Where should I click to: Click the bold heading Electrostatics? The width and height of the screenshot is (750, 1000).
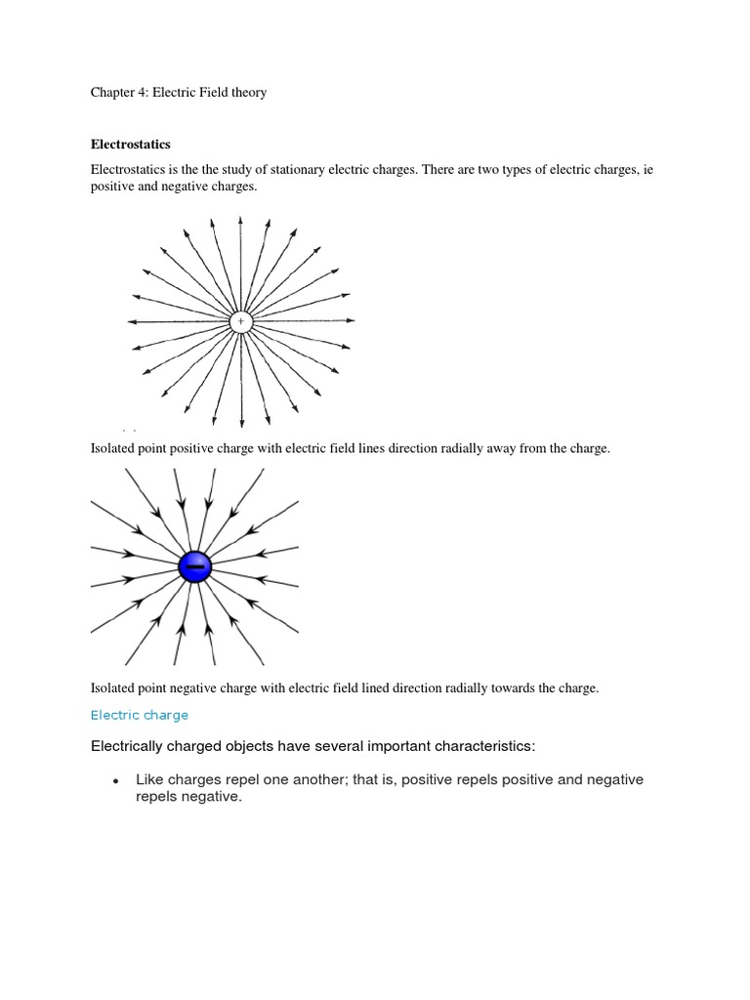[x=130, y=144]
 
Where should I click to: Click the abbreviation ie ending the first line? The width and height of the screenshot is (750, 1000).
[x=646, y=170]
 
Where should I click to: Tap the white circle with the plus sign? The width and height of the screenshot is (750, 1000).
[x=240, y=321]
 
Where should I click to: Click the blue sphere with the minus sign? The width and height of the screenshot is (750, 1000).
[x=194, y=566]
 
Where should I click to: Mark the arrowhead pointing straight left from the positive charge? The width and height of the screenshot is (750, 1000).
[x=131, y=321]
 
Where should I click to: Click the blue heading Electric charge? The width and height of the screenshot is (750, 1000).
[x=140, y=716]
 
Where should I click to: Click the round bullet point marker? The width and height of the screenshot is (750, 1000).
[x=115, y=781]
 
